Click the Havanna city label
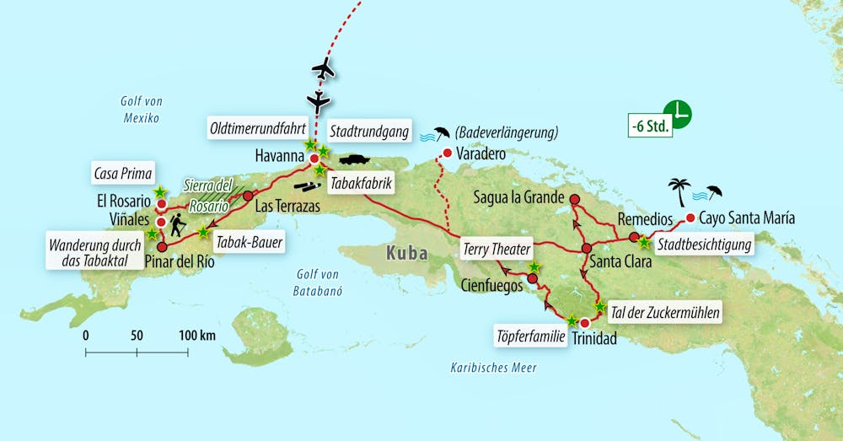tap(279, 156)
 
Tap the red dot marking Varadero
tap(446, 153)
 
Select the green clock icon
tap(677, 113)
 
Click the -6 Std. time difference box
tap(649, 128)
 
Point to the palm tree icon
tap(679, 189)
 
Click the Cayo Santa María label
tap(747, 218)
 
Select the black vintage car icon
tap(355, 159)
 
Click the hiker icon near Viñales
tap(178, 225)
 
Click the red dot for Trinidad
tap(584, 322)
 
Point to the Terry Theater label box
tap(497, 249)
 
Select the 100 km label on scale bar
tap(196, 335)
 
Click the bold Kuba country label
tap(406, 253)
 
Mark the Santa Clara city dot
tap(587, 248)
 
